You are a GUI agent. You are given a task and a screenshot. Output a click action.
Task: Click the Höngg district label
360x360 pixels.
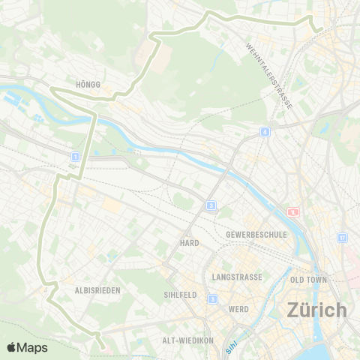tap(88, 85)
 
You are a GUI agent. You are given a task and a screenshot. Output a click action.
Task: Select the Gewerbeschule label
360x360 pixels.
tap(256, 234)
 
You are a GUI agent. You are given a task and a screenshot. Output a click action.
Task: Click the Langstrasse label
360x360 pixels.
tap(237, 277)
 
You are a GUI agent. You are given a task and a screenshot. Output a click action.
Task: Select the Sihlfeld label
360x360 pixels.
tap(180, 295)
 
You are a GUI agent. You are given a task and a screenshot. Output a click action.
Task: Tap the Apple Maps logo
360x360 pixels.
tap(26, 347)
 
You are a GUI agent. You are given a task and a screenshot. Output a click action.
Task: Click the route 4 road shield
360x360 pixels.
tap(265, 132)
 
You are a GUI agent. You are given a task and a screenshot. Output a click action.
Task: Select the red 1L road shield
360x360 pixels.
tap(292, 212)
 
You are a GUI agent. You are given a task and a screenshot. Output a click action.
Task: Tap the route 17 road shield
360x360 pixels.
tap(342, 237)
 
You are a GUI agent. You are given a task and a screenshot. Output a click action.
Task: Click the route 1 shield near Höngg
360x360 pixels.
tap(74, 156)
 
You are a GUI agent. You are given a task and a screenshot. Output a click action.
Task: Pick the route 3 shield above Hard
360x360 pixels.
tap(212, 205)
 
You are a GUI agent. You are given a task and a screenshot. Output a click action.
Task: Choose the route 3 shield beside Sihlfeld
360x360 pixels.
tap(213, 298)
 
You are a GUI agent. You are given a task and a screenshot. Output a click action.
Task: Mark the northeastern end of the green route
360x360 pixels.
tap(319, 30)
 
